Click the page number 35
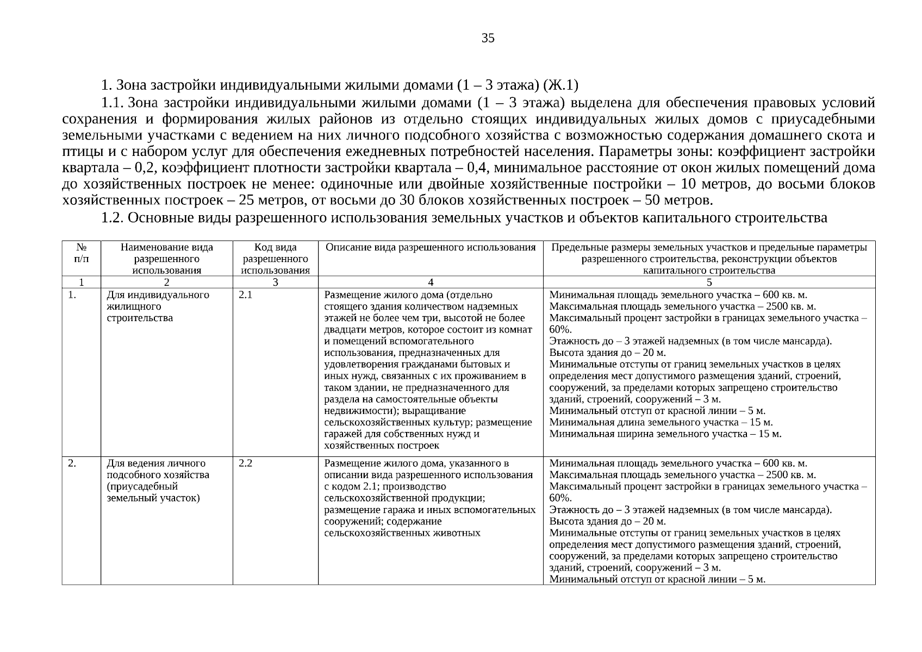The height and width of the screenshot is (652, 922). [488, 38]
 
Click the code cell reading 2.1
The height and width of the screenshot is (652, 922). [245, 295]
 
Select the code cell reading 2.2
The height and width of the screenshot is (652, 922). [245, 463]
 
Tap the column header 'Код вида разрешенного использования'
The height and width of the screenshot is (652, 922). [275, 259]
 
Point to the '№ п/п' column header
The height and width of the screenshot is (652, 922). [81, 253]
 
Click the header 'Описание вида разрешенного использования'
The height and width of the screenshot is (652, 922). [431, 248]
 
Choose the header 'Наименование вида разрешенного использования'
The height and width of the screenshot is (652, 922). [166, 259]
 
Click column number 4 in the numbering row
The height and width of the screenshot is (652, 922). [431, 282]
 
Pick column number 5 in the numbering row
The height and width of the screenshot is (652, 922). [709, 282]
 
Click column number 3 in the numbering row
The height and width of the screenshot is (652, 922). [275, 282]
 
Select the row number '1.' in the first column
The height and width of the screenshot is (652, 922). [72, 295]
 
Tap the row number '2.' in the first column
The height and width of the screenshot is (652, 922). [72, 463]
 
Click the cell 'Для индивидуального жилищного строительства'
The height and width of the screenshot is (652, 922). [158, 306]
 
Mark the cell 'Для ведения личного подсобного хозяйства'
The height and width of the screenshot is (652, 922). [158, 481]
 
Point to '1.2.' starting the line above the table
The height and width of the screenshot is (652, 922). [113, 218]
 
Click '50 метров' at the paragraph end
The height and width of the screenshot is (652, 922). [676, 200]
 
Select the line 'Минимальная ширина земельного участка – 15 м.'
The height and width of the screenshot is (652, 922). [665, 434]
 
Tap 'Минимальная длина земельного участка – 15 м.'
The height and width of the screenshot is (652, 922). [661, 423]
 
